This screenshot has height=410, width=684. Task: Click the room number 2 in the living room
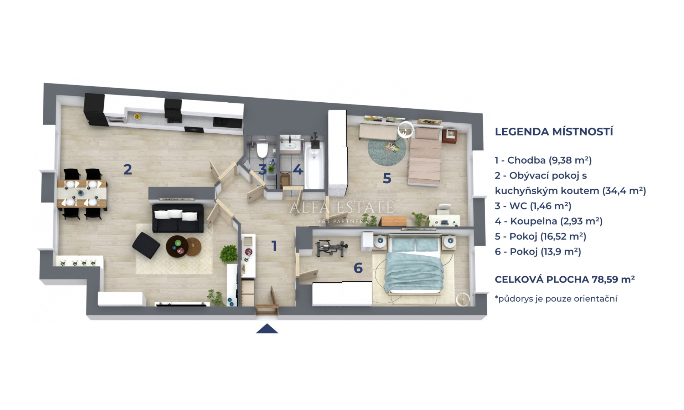click(128, 169)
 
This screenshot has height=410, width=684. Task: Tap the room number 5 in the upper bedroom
click(387, 178)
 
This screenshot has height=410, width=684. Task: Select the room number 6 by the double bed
click(358, 268)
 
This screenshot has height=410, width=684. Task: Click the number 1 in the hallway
click(274, 246)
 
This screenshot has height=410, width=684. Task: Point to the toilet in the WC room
click(262, 150)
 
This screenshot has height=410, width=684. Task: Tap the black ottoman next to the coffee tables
click(146, 245)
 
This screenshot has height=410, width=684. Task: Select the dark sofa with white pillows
click(178, 218)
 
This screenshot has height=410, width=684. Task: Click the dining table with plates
click(82, 194)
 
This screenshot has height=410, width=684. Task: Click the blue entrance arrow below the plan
click(267, 329)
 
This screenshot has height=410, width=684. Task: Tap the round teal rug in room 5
click(387, 150)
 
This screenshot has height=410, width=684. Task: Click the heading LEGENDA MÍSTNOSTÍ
click(554, 132)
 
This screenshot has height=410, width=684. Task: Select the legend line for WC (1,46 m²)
click(533, 206)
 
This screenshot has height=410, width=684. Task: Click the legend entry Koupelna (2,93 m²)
click(549, 221)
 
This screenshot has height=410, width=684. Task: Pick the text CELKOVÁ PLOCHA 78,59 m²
click(564, 279)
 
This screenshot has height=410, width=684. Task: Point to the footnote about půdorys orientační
click(556, 299)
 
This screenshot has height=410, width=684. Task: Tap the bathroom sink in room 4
click(289, 145)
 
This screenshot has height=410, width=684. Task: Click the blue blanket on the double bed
click(415, 271)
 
